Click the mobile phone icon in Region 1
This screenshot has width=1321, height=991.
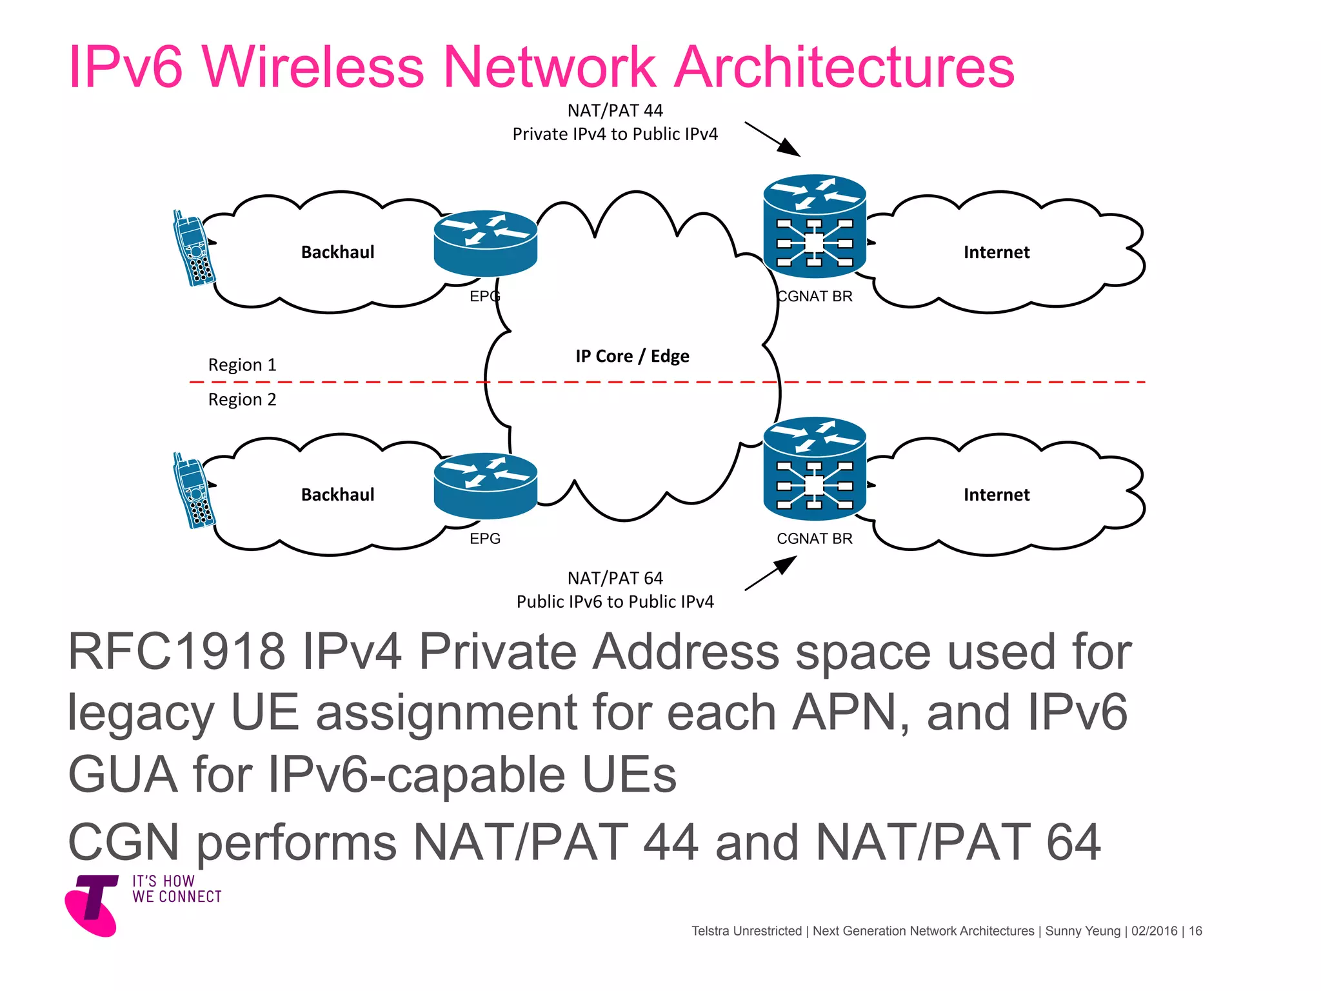coord(194,248)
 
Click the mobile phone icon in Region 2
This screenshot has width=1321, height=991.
coord(194,491)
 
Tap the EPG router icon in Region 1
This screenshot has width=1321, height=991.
coord(485,244)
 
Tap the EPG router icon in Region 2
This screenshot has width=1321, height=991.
coord(485,486)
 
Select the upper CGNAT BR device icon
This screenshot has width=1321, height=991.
coord(814,226)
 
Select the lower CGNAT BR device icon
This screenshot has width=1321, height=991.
coord(814,469)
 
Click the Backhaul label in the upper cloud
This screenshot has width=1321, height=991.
coord(337,252)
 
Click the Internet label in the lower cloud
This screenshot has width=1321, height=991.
coord(996,495)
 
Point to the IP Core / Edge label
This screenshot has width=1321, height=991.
coord(632,356)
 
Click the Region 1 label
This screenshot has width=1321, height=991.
coord(242,365)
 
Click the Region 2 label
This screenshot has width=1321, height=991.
coord(242,400)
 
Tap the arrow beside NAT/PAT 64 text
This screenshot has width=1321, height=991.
coord(771,573)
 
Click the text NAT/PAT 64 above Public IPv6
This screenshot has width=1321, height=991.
coord(615,578)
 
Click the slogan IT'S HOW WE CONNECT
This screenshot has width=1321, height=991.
coord(177,889)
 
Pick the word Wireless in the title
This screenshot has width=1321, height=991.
coord(313,67)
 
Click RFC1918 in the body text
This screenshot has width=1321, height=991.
coord(176,652)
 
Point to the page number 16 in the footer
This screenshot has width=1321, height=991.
coord(1195,931)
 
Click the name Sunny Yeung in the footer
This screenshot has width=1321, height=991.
coord(1082,931)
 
